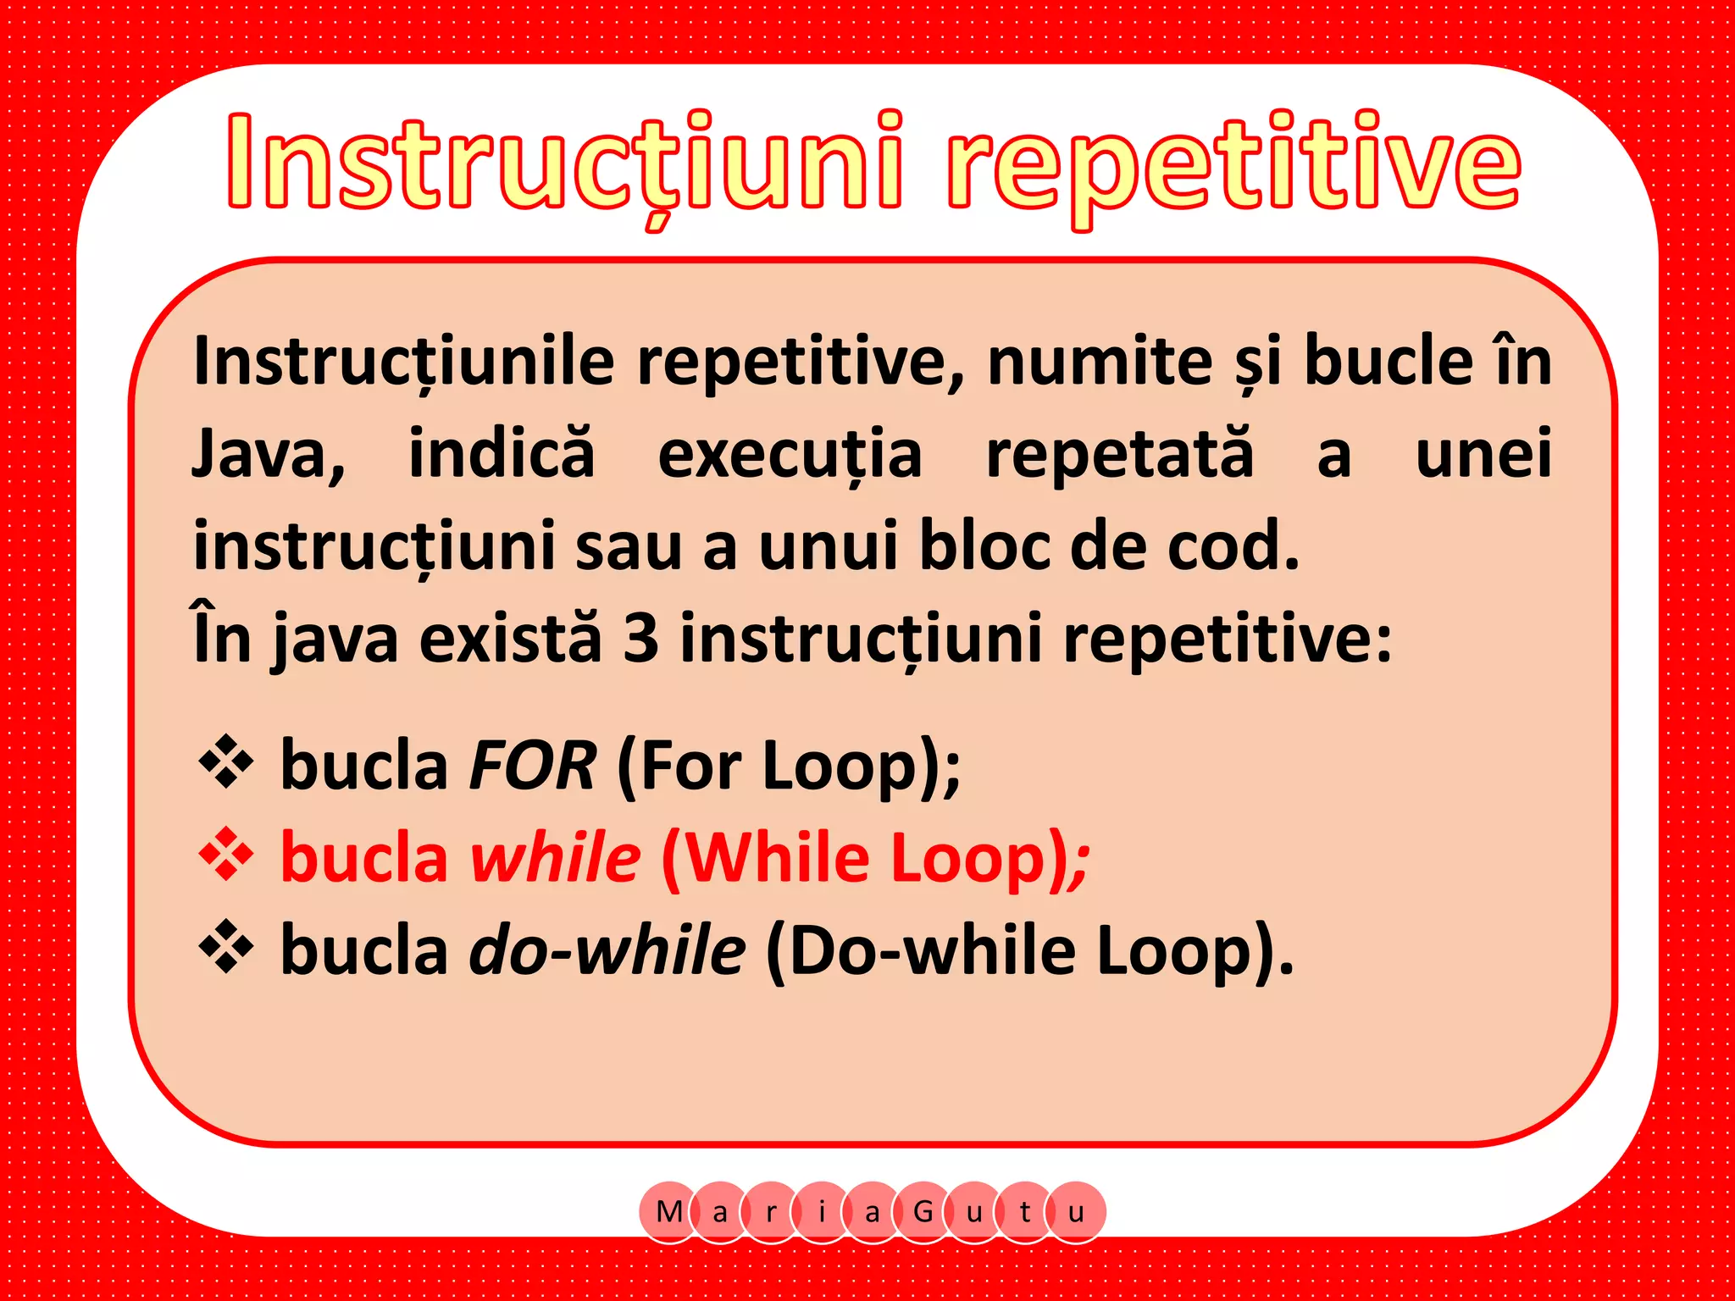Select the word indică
click(x=502, y=453)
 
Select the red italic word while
click(x=556, y=858)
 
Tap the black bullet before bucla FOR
click(x=225, y=762)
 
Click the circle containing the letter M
click(x=669, y=1212)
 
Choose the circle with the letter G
click(x=923, y=1212)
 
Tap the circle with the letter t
click(x=1025, y=1212)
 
